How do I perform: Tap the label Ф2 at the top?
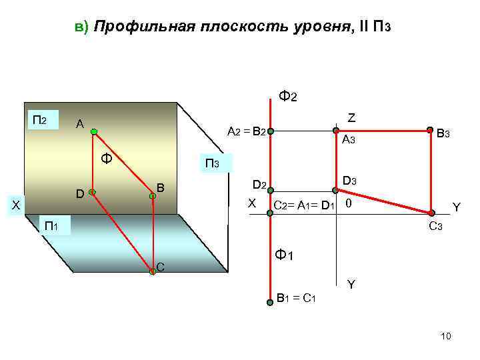pos(288,96)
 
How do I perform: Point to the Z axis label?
pos(351,117)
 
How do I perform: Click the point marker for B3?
pos(430,131)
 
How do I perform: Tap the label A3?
pos(349,140)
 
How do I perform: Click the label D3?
pos(350,181)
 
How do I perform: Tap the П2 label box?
pos(41,121)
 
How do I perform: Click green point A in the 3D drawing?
pos(95,131)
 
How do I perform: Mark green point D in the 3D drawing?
pos(92,193)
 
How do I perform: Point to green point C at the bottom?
pos(153,271)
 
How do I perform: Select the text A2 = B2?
pos(247,131)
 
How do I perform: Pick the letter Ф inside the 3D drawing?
pos(105,159)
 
